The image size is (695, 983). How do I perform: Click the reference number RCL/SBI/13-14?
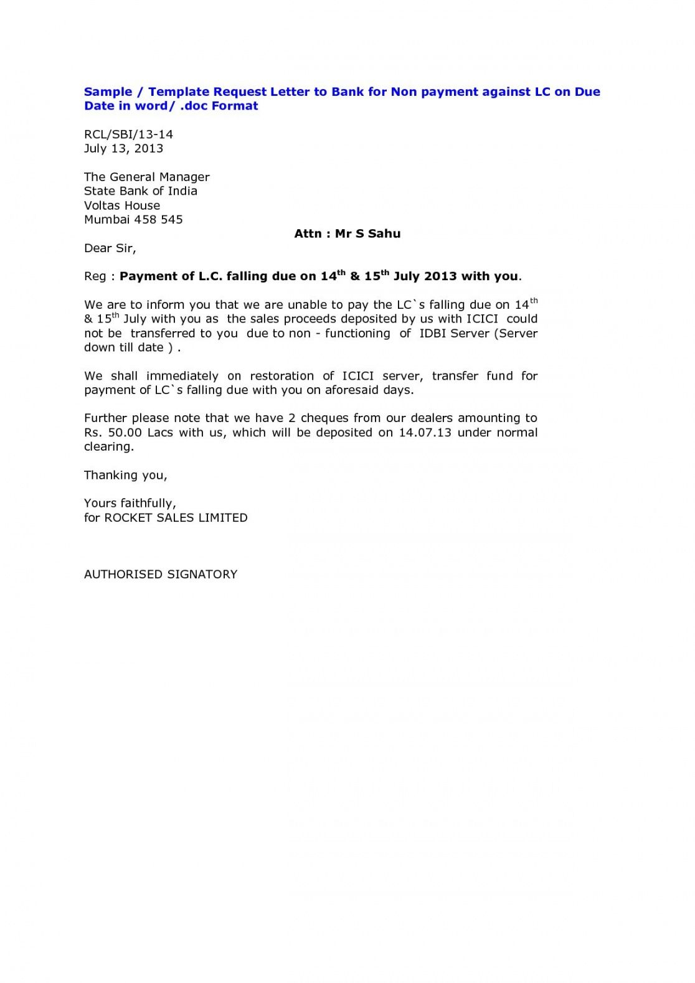128,134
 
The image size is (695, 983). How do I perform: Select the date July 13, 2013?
123,149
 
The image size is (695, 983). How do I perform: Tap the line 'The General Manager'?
146,177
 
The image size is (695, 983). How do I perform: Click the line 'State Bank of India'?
140,191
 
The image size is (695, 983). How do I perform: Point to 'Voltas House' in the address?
121,205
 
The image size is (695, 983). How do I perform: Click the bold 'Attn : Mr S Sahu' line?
347,234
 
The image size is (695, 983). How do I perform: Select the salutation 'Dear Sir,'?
110,248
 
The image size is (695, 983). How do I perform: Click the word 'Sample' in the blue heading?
108,92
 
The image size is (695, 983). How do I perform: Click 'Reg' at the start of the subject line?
95,276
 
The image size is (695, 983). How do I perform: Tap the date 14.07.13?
425,433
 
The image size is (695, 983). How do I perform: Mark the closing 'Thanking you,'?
125,476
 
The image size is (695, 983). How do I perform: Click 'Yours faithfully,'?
130,504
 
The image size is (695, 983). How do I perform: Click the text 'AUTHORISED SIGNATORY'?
161,575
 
